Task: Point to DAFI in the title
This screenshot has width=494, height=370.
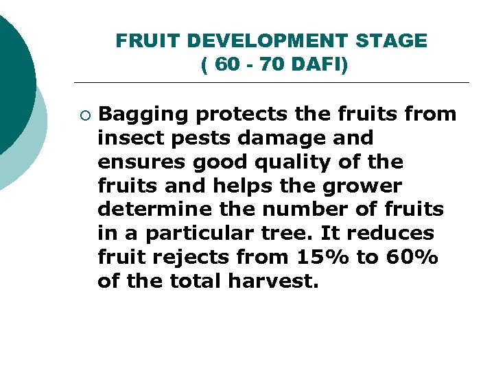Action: coord(318,65)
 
